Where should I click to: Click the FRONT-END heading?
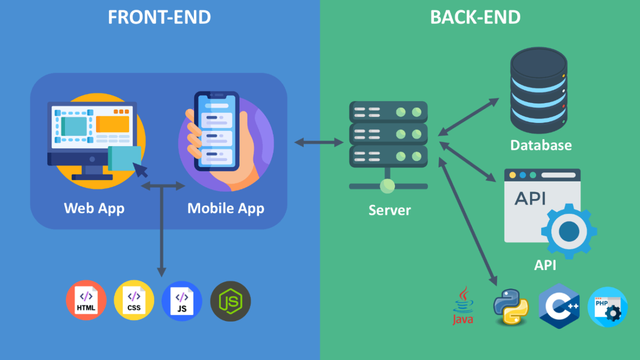pyautogui.click(x=159, y=17)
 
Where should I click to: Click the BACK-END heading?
pyautogui.click(x=475, y=17)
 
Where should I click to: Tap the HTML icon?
pyautogui.click(x=86, y=300)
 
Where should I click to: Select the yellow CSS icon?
pyautogui.click(x=134, y=300)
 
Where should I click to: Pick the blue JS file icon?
pyautogui.click(x=181, y=300)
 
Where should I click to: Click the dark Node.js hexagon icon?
pyautogui.click(x=230, y=301)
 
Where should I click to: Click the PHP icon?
pyautogui.click(x=607, y=306)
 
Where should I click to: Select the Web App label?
pyautogui.click(x=94, y=208)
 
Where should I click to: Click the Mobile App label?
pyautogui.click(x=225, y=208)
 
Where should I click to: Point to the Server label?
pyautogui.click(x=389, y=210)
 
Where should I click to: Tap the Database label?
pyautogui.click(x=540, y=145)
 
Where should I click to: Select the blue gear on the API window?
pyautogui.click(x=569, y=230)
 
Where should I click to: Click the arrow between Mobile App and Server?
pyautogui.click(x=319, y=142)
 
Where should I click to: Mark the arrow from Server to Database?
pyautogui.click(x=468, y=116)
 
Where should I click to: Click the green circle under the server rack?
pyautogui.click(x=387, y=186)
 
